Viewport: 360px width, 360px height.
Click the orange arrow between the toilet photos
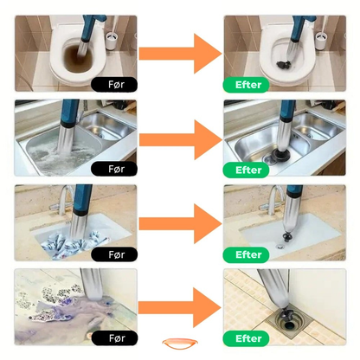click(x=181, y=54)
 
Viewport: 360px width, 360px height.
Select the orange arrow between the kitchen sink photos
click(x=181, y=140)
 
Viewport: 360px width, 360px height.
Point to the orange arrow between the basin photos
click(x=181, y=223)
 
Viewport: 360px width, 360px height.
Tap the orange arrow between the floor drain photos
click(x=180, y=307)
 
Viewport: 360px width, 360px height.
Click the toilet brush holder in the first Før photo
click(x=111, y=42)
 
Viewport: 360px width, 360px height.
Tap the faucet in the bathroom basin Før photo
click(x=63, y=202)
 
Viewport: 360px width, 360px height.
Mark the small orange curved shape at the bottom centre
click(x=180, y=344)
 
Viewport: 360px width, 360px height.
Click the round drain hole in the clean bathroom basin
click(x=280, y=247)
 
